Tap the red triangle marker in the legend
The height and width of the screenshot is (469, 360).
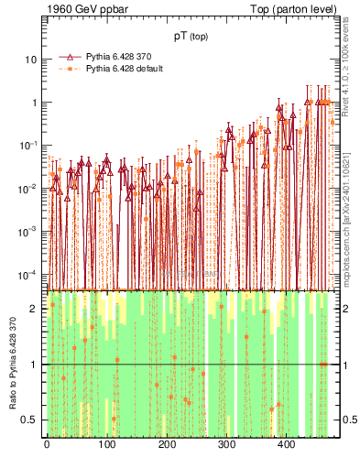[70, 57]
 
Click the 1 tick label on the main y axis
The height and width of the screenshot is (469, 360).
[34, 103]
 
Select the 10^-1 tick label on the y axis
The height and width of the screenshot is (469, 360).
[29, 146]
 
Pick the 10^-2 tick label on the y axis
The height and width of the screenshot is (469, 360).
[29, 189]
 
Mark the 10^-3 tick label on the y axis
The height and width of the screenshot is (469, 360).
[29, 232]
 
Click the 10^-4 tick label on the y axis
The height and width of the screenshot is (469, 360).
[29, 275]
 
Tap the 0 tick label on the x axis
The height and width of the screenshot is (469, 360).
[46, 445]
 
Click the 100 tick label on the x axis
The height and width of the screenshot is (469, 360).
[106, 445]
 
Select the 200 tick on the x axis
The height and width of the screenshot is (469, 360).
[166, 445]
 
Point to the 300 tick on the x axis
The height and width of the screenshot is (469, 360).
[226, 445]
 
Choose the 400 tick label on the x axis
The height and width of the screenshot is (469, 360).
[286, 445]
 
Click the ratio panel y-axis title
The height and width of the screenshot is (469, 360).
[12, 365]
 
